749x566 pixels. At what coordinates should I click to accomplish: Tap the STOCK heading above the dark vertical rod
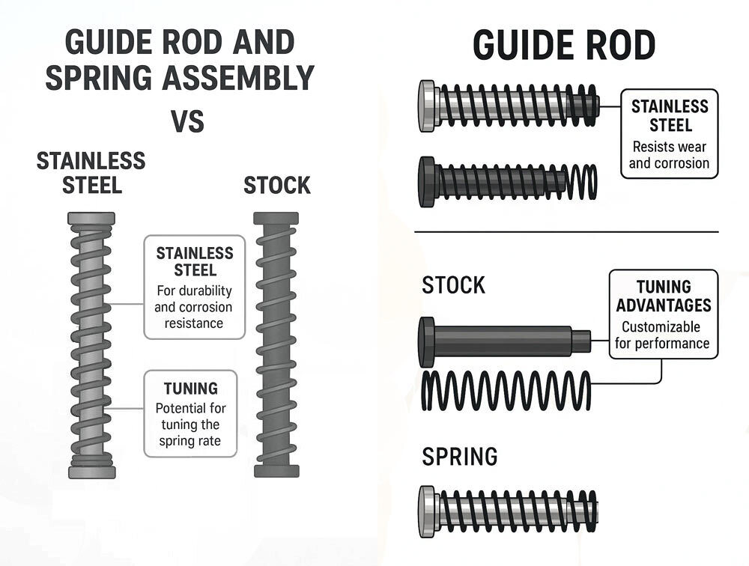pos(276,186)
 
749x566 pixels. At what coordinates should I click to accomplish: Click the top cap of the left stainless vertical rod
pos(91,219)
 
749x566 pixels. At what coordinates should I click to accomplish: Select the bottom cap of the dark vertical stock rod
pos(276,471)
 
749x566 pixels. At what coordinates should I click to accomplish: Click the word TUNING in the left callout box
pos(191,389)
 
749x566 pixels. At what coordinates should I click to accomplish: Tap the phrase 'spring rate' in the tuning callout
pos(189,441)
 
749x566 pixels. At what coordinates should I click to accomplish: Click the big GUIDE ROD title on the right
pos(564,46)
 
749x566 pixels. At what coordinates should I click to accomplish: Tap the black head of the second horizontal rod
pos(427,181)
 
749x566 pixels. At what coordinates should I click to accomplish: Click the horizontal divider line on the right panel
pos(566,232)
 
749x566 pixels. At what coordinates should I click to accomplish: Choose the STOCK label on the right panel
pos(453,285)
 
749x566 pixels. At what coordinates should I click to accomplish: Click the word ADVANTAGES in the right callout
pos(661,305)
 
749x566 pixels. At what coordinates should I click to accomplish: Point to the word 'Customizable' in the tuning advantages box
pos(661,327)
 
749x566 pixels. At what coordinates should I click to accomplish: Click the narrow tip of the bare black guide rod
pos(582,341)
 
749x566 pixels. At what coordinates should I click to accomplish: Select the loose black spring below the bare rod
pos(506,390)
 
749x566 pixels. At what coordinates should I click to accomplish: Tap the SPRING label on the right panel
pos(459,456)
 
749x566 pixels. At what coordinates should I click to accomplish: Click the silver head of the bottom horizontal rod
pos(427,511)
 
